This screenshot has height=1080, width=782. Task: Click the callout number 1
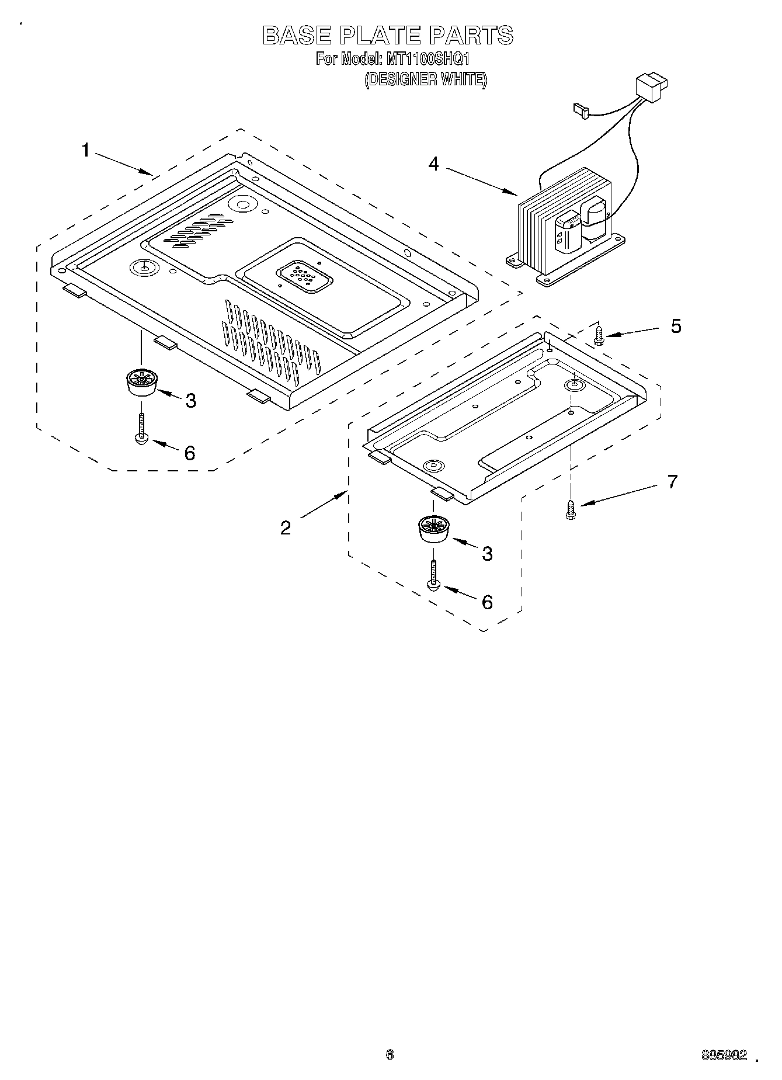[85, 151]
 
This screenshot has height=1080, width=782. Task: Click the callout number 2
[285, 528]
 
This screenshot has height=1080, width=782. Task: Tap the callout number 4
[433, 164]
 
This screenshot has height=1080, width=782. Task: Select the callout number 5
[676, 326]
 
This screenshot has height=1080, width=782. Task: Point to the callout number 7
[673, 482]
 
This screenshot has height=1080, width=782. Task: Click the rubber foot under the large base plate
[141, 383]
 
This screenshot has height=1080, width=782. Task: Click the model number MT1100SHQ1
[425, 59]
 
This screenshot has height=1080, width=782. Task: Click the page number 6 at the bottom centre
[390, 1054]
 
